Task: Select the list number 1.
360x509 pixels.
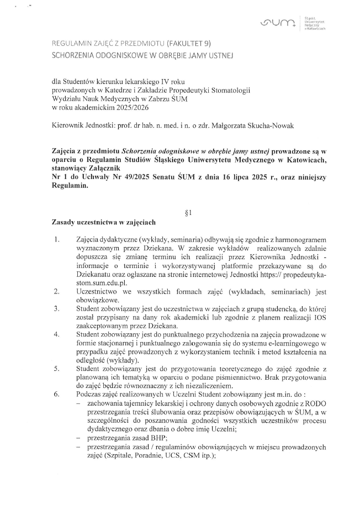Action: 56,240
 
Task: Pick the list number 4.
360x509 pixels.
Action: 56,334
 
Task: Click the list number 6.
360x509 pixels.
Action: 56,396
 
